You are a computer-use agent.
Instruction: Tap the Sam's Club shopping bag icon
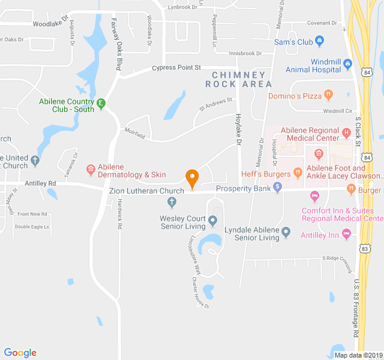(319, 41)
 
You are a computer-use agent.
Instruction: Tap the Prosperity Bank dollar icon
(277, 188)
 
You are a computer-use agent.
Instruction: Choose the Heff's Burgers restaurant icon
(298, 174)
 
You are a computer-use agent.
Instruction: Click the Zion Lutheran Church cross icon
(172, 200)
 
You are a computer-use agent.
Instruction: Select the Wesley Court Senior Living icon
(212, 222)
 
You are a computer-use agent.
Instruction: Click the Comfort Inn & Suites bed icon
(314, 196)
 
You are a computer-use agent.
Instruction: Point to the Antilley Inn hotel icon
(346, 235)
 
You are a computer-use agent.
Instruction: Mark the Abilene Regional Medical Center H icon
(346, 132)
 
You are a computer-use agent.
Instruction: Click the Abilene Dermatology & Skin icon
(91, 169)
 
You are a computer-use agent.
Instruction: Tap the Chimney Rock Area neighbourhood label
(238, 79)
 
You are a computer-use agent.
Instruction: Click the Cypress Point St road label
(176, 68)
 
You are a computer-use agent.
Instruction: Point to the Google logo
(20, 353)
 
